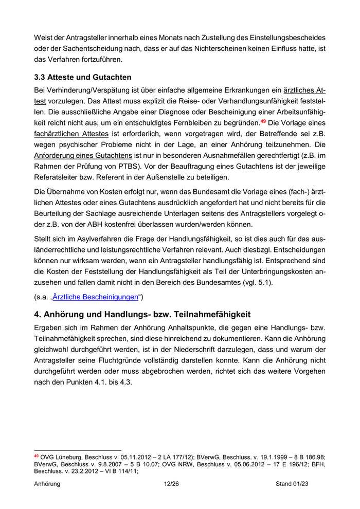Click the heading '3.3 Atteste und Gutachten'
pos(83,77)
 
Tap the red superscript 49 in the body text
pos(263,121)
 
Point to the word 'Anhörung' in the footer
pos(47,484)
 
